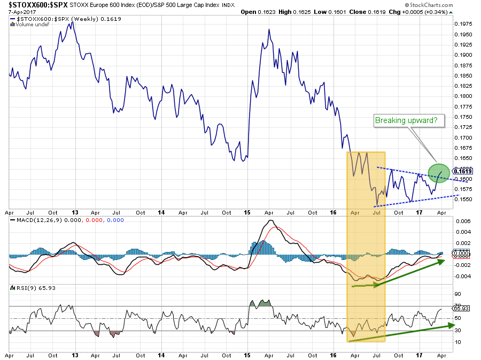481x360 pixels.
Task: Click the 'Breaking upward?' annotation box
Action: (x=410, y=121)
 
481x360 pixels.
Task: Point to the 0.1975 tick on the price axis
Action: (x=463, y=24)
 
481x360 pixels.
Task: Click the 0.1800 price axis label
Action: (x=463, y=96)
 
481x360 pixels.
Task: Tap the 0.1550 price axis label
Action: (x=463, y=199)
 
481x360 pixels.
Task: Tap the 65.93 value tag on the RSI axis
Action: (x=461, y=308)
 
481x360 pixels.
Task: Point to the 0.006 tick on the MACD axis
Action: (x=461, y=221)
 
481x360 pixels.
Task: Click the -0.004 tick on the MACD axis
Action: (x=461, y=277)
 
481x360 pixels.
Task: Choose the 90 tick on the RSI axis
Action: (x=458, y=294)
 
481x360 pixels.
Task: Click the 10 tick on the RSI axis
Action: (x=458, y=342)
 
